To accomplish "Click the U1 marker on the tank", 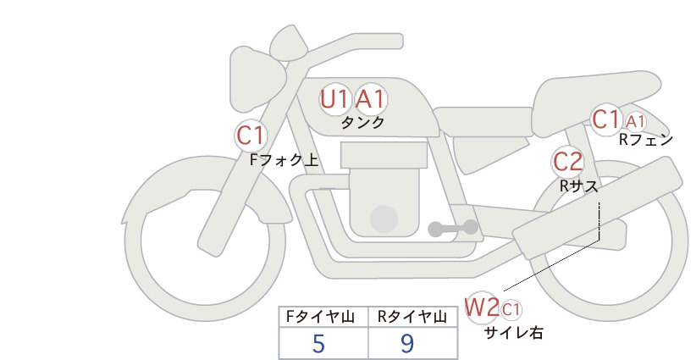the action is click(x=334, y=99).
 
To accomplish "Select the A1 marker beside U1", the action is click(x=370, y=99).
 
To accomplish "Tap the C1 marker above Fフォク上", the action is click(x=251, y=136).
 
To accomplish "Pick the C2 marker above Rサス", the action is click(x=567, y=162).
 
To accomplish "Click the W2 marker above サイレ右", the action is click(x=481, y=307).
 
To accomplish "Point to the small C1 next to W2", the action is click(x=511, y=310).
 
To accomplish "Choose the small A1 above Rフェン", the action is click(x=636, y=121).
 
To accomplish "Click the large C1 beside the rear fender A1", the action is click(x=606, y=119).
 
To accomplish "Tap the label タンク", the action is click(x=362, y=123).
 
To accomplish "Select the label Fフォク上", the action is click(x=284, y=159).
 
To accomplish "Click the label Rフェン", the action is click(x=646, y=140).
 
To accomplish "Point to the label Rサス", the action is click(x=579, y=186).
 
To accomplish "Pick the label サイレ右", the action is click(x=514, y=333).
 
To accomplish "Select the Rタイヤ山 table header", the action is click(x=412, y=317).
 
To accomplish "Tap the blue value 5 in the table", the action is click(x=318, y=344).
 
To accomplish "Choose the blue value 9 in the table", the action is click(x=407, y=344).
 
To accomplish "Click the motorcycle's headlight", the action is click(x=255, y=80).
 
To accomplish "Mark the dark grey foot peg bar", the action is click(x=453, y=228).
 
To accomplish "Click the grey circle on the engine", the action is click(x=384, y=219).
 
